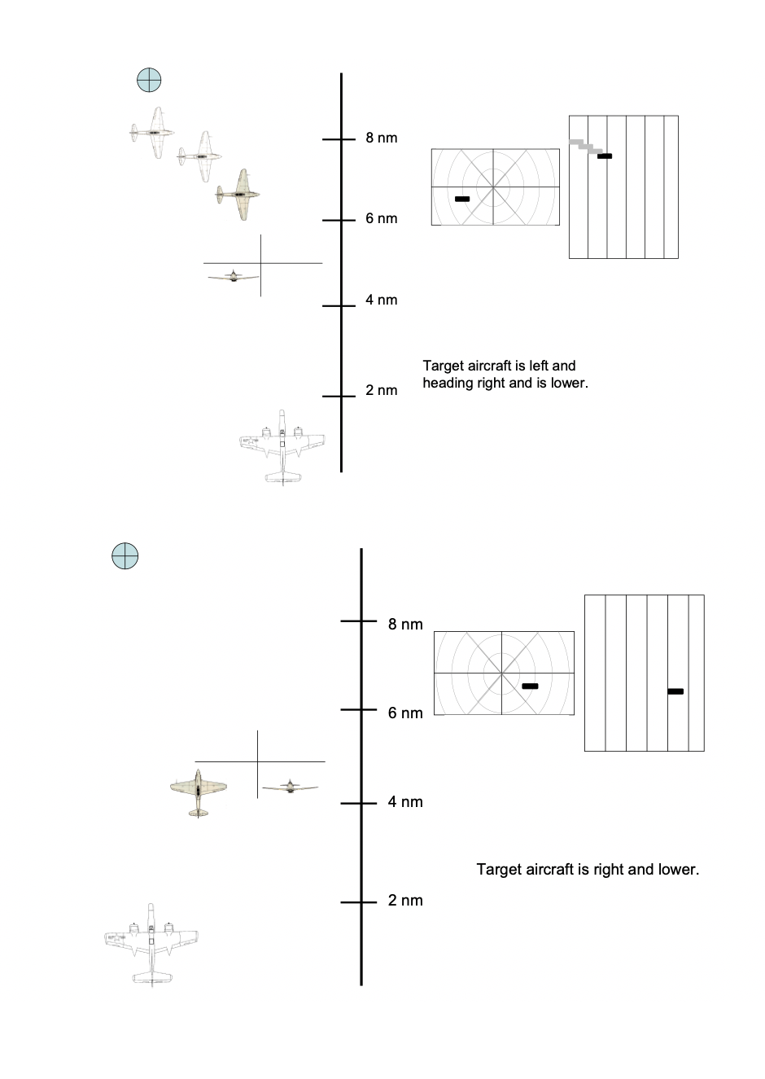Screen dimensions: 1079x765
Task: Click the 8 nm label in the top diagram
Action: point(381,138)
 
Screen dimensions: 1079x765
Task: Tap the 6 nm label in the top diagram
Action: point(381,219)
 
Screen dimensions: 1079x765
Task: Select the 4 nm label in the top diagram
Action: point(381,300)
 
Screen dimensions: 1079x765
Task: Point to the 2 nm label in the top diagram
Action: point(381,391)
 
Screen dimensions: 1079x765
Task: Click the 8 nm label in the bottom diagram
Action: point(405,625)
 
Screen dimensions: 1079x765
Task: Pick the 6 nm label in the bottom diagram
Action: point(405,713)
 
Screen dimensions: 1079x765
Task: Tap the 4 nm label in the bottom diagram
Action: point(405,802)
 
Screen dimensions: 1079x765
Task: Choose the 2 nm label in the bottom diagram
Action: point(405,901)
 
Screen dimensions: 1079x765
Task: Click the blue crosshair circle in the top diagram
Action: point(149,81)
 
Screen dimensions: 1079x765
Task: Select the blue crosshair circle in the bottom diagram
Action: point(125,556)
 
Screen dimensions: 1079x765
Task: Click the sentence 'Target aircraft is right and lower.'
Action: point(588,870)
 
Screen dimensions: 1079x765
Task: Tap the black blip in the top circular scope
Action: point(462,199)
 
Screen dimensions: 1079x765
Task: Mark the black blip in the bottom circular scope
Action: point(530,686)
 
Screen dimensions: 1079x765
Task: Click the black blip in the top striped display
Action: point(605,156)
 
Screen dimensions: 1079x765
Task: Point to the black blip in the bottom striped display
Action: point(675,691)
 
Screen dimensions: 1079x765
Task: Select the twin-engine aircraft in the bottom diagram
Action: point(151,943)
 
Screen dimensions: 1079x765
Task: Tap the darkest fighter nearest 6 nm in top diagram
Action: point(238,195)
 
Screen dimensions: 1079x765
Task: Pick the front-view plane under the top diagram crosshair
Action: point(232,277)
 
